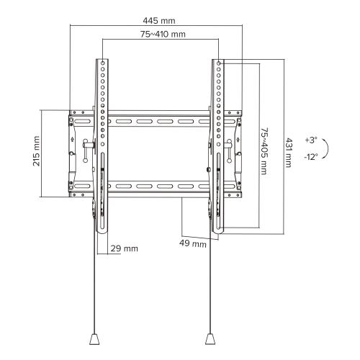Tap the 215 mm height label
(x=36, y=153)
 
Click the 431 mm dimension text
(x=289, y=152)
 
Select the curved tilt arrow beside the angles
(x=328, y=148)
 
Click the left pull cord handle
(x=94, y=338)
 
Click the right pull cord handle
(x=210, y=338)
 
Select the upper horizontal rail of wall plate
(x=158, y=120)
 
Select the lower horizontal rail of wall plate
(x=158, y=186)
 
